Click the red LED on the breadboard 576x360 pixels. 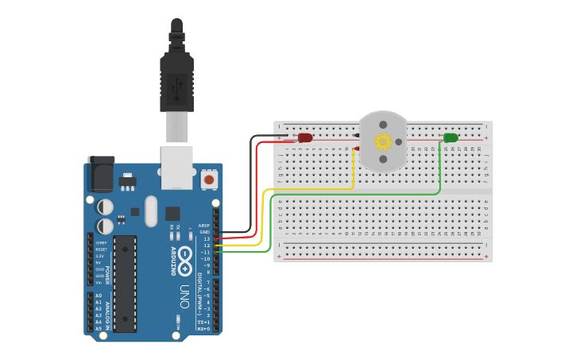click(305, 137)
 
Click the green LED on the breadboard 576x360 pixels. click(450, 137)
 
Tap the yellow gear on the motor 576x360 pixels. click(383, 141)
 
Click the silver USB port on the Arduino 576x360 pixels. click(176, 167)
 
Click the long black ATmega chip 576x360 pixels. click(125, 283)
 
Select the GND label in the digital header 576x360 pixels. click(205, 231)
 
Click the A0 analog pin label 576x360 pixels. click(99, 296)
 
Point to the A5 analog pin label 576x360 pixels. click(99, 328)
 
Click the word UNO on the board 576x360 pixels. click(184, 297)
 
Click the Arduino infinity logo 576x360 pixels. click(185, 258)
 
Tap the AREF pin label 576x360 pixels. click(204, 225)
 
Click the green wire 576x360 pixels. click(358, 195)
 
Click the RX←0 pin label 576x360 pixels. click(203, 328)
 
